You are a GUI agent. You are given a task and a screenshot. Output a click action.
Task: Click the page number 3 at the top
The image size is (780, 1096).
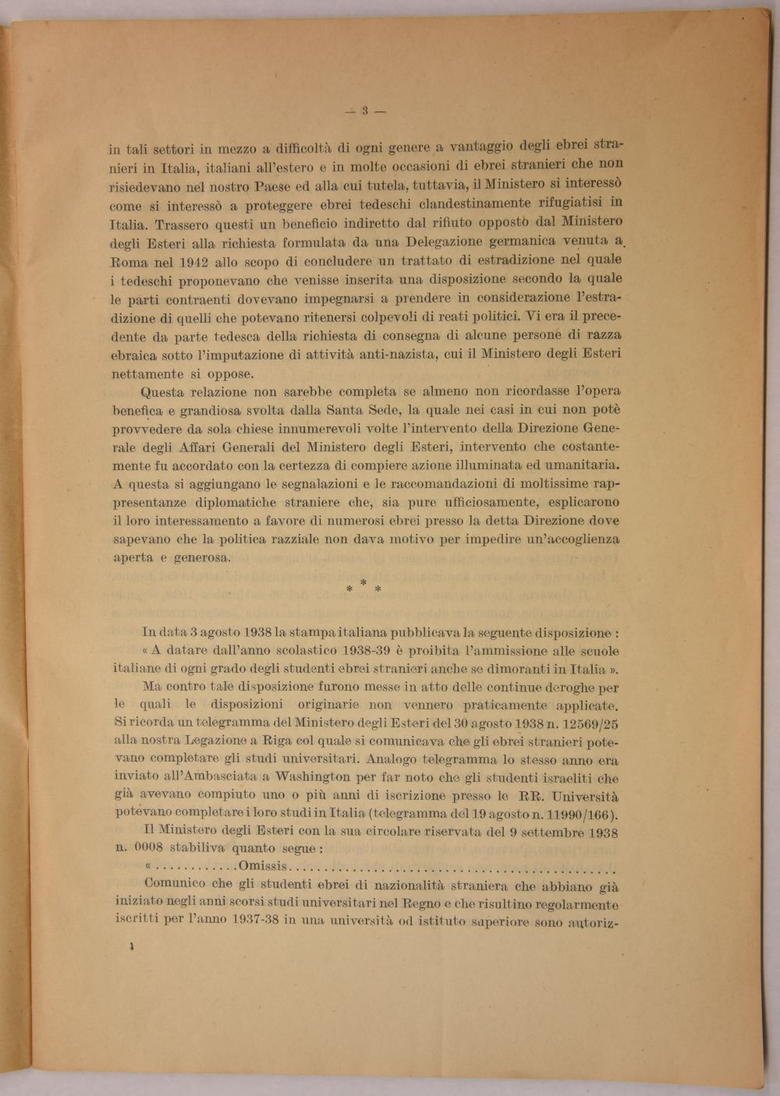pyautogui.click(x=364, y=111)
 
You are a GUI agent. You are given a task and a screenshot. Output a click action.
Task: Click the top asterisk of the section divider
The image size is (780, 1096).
pyautogui.click(x=363, y=582)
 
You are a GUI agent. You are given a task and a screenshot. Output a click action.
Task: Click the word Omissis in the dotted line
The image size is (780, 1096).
pyautogui.click(x=264, y=867)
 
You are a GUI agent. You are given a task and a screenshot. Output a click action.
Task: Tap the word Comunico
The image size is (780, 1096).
pyautogui.click(x=175, y=885)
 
